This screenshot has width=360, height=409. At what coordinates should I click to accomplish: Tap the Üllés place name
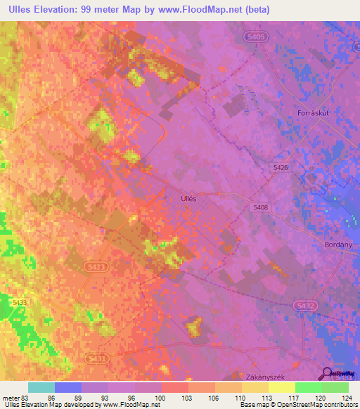pyautogui.click(x=184, y=199)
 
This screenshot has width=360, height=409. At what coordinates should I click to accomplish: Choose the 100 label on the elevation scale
pyautogui.click(x=161, y=397)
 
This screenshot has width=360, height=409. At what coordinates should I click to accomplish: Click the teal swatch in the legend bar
pyautogui.click(x=41, y=387)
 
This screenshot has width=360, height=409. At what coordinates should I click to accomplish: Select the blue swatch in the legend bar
pyautogui.click(x=68, y=387)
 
